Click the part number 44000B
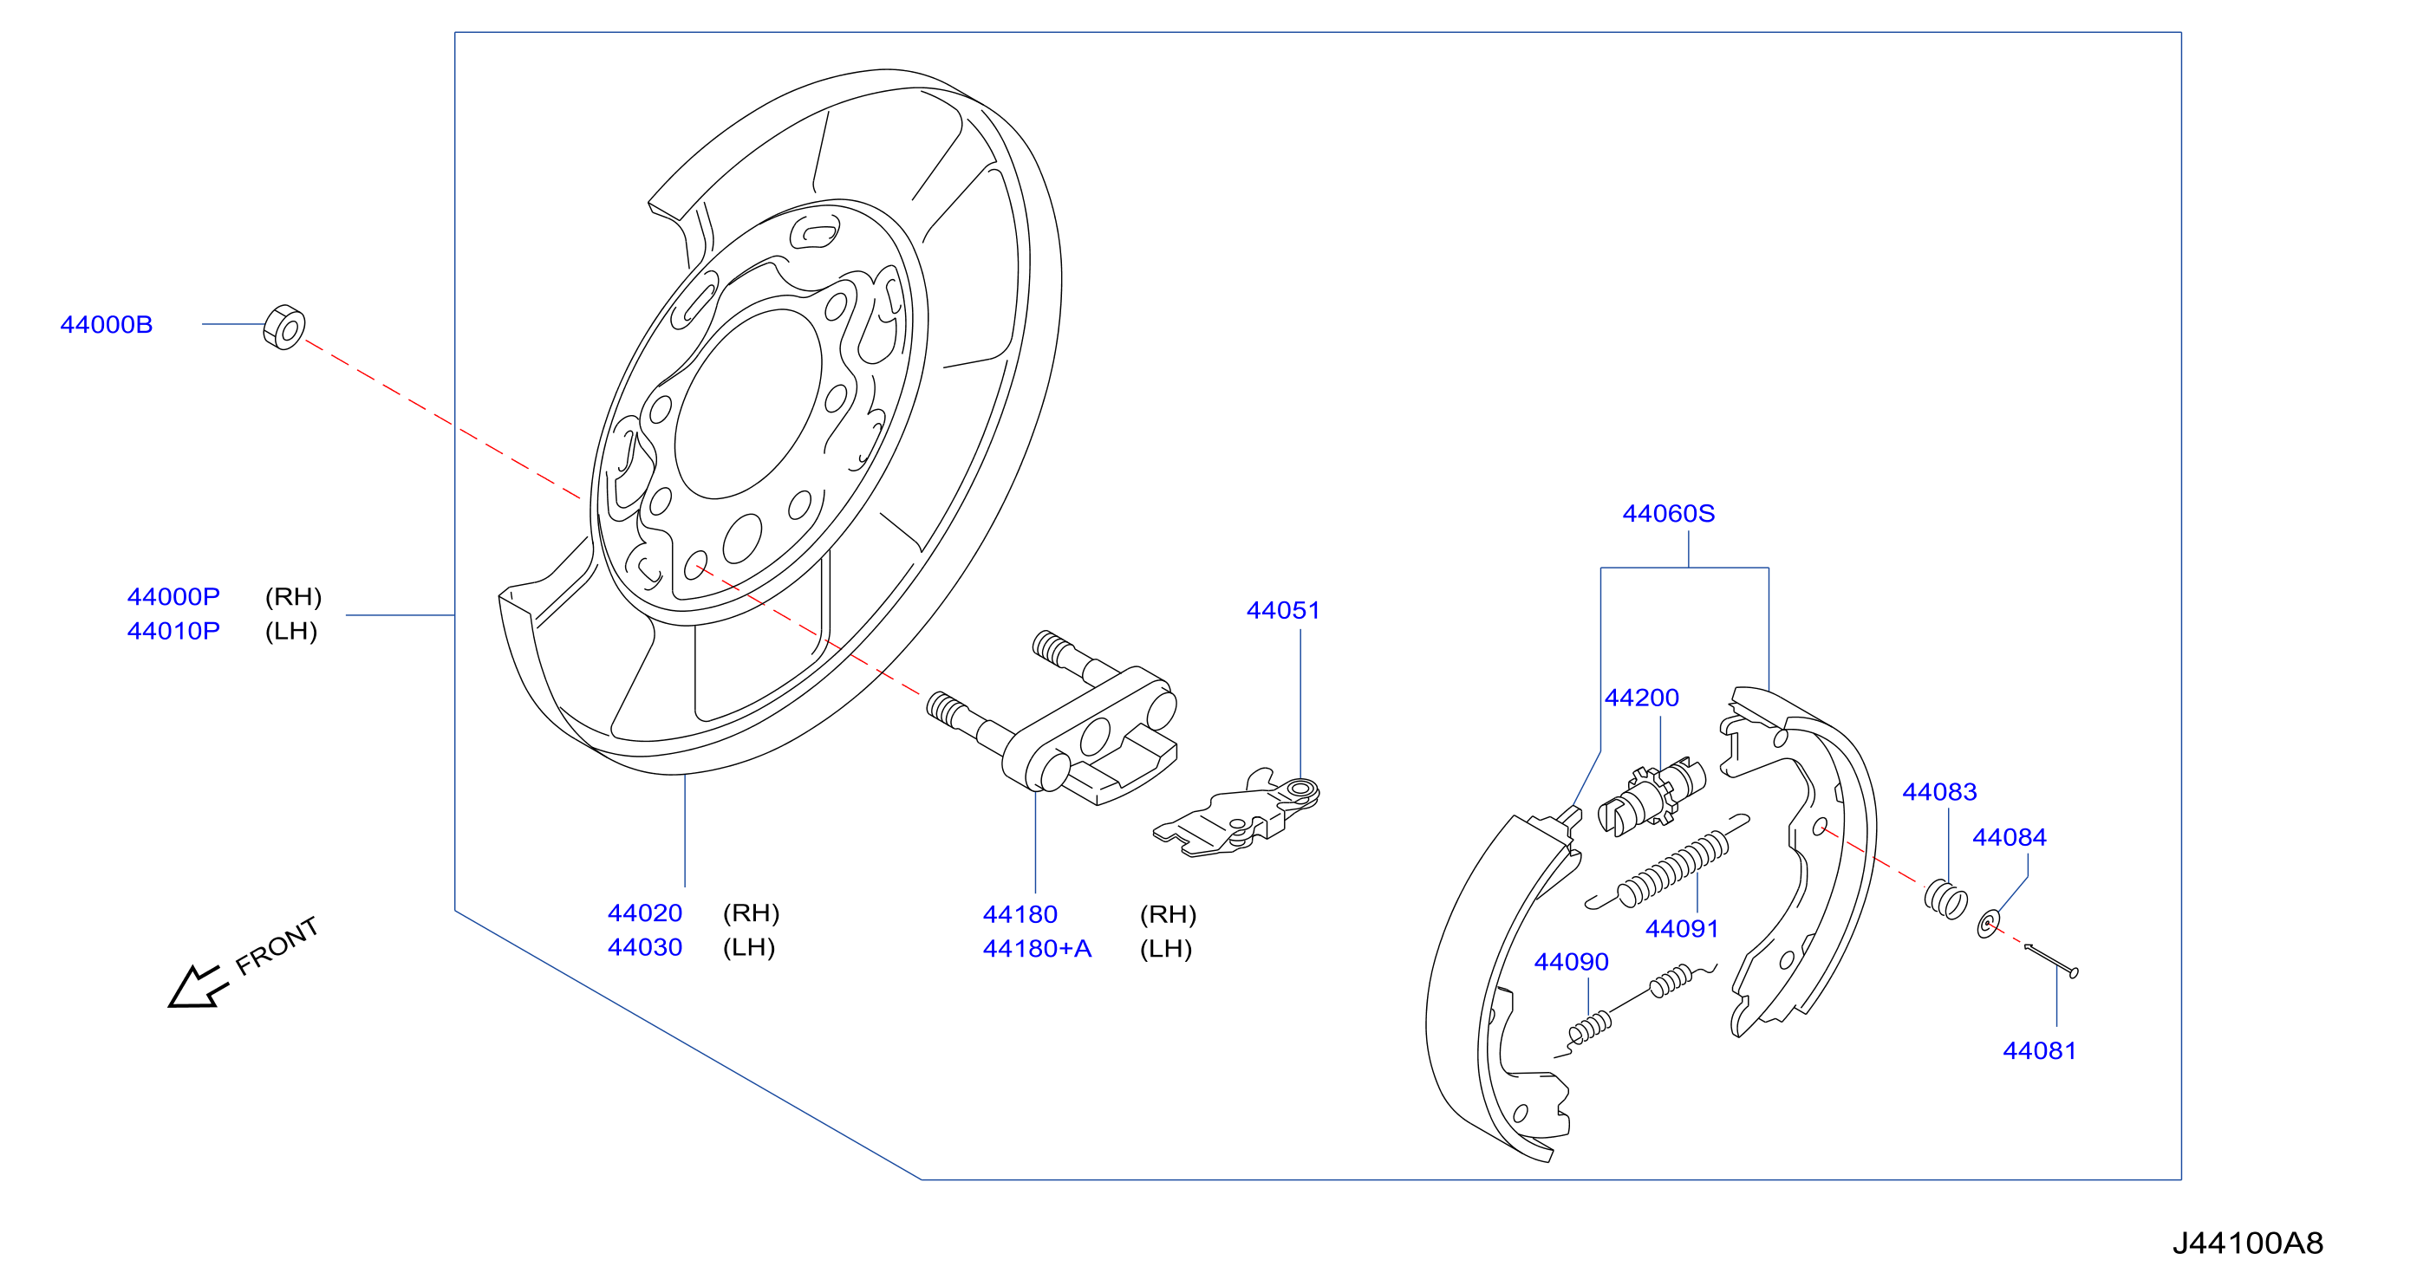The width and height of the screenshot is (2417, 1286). click(106, 325)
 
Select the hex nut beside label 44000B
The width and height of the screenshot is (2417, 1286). click(284, 328)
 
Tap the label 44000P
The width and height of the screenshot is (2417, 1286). click(173, 596)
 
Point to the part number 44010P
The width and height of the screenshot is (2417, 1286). click(173, 631)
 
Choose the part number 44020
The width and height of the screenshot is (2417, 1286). click(645, 913)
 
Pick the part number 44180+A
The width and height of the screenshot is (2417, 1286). click(1037, 948)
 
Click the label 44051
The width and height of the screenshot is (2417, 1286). click(1283, 611)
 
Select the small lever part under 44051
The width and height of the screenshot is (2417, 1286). click(1236, 815)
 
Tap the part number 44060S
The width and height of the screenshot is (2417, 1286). click(1668, 514)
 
